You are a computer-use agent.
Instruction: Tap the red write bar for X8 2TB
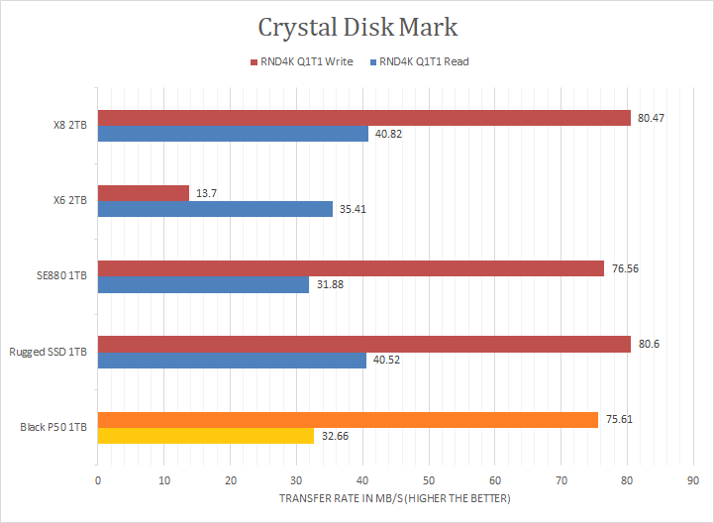pos(364,118)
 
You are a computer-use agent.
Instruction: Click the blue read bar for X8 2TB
pos(233,134)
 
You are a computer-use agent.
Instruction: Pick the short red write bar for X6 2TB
pos(144,193)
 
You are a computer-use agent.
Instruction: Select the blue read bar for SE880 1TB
pos(203,284)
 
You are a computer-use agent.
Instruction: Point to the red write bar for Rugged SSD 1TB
pos(364,344)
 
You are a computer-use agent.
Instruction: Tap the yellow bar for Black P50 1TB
pos(206,435)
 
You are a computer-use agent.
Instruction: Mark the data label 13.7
pos(205,193)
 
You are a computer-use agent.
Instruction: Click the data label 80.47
pos(651,118)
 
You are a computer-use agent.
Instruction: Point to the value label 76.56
pos(624,268)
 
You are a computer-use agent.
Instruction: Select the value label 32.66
pos(334,435)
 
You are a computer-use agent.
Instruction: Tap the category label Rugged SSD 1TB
pos(49,353)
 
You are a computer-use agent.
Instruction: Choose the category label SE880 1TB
pos(60,276)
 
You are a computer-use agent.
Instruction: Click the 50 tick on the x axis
pos(428,480)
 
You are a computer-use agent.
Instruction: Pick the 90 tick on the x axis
pos(692,480)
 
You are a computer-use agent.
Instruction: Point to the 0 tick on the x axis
pos(98,480)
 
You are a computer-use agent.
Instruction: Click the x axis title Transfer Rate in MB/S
pos(394,497)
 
